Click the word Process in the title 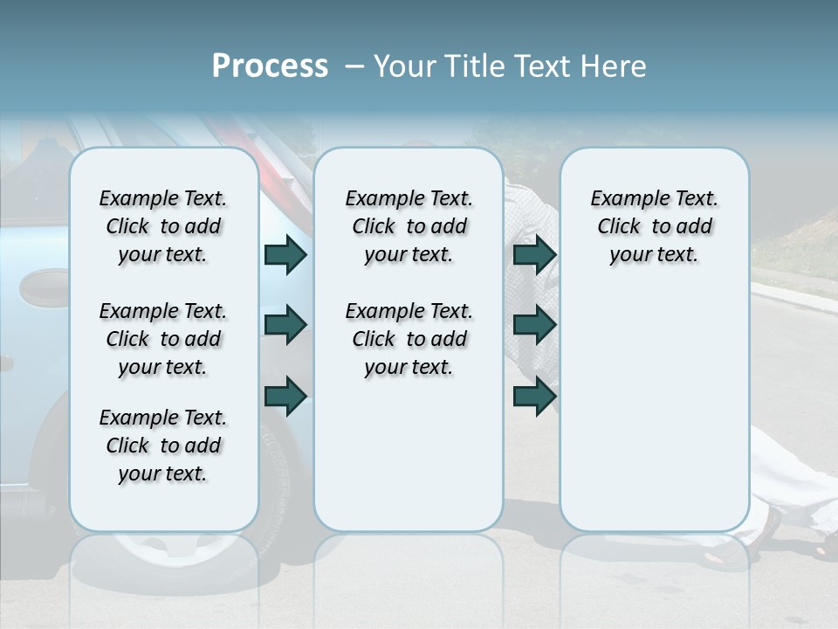[x=270, y=66]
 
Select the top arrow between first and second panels [x=285, y=255]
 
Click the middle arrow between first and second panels [x=285, y=325]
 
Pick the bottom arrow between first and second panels [x=285, y=396]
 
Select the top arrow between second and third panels [x=534, y=255]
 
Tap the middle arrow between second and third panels [x=534, y=325]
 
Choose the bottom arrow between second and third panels [x=534, y=396]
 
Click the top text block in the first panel [x=163, y=226]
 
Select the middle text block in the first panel [x=163, y=339]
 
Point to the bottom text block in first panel [x=163, y=446]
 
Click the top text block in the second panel [x=409, y=226]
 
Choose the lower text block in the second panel [x=409, y=339]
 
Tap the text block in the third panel [x=654, y=226]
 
